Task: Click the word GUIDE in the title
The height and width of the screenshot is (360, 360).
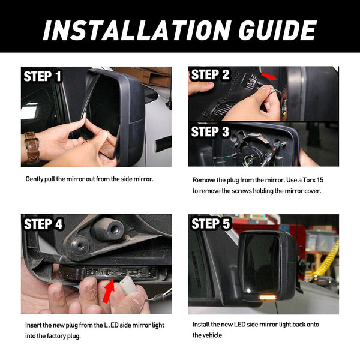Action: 277,31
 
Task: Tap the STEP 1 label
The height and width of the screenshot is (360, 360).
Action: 43,76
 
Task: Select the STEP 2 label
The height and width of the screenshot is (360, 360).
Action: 210,74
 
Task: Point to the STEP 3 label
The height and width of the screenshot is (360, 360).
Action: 210,131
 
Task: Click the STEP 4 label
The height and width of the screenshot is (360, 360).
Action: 43,224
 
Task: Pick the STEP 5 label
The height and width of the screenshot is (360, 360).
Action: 211,223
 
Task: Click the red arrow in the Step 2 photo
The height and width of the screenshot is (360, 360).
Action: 269,76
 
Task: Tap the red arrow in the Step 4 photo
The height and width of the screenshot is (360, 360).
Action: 109,290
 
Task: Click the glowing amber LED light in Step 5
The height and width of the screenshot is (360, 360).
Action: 268,298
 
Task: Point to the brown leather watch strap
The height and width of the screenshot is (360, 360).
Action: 32,147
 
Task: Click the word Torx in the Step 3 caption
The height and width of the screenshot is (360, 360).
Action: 309,180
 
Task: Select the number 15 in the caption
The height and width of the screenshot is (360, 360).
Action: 320,180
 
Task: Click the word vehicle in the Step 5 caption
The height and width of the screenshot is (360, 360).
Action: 211,335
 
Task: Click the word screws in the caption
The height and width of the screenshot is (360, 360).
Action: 242,191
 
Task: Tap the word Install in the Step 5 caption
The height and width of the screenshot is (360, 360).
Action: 200,325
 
